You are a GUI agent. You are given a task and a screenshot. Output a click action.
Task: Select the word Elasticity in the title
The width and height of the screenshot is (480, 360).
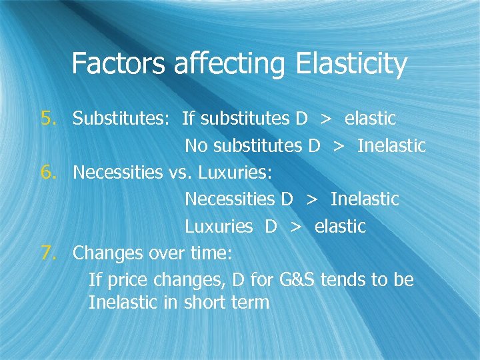pyautogui.click(x=346, y=65)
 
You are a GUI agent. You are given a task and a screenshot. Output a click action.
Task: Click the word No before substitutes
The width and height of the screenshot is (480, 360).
pyautogui.click(x=196, y=145)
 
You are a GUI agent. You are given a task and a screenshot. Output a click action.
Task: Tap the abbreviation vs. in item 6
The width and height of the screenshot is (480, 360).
pyautogui.click(x=178, y=172)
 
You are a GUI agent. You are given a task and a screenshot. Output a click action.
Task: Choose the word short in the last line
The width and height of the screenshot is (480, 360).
pyautogui.click(x=204, y=302)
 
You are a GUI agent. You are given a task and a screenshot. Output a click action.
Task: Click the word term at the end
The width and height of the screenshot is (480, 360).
pyautogui.click(x=251, y=302)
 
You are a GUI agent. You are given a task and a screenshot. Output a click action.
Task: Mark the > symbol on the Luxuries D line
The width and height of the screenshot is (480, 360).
pyautogui.click(x=295, y=227)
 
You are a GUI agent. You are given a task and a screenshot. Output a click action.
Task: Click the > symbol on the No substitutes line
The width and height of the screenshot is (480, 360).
pyautogui.click(x=339, y=145)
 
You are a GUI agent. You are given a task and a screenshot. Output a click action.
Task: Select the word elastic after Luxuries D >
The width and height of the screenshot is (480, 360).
pyautogui.click(x=340, y=226)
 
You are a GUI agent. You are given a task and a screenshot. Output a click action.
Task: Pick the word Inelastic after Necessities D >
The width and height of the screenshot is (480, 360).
pyautogui.click(x=365, y=199)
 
